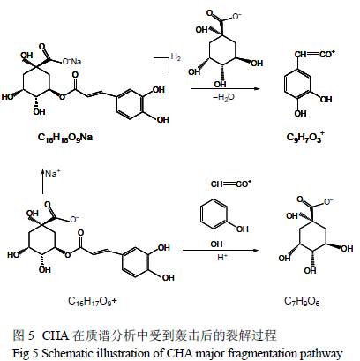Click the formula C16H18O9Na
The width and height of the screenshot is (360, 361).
66,137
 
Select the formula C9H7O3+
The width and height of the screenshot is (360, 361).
305,137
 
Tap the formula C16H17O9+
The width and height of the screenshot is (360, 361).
93,301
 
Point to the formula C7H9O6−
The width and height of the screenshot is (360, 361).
304,301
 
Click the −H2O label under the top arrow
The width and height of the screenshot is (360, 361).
223,97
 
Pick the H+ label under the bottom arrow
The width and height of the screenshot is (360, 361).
222,257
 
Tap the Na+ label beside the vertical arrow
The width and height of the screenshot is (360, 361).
52,173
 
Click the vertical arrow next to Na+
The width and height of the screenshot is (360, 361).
43,182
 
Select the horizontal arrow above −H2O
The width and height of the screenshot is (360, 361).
225,89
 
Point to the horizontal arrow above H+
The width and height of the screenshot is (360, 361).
221,251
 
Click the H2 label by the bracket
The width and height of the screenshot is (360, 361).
176,56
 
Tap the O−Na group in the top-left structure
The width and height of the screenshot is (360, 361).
71,62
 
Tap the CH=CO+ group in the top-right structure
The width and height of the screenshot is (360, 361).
315,54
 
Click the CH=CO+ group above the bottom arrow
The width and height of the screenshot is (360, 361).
231,184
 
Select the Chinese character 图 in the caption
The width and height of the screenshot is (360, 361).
18,335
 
